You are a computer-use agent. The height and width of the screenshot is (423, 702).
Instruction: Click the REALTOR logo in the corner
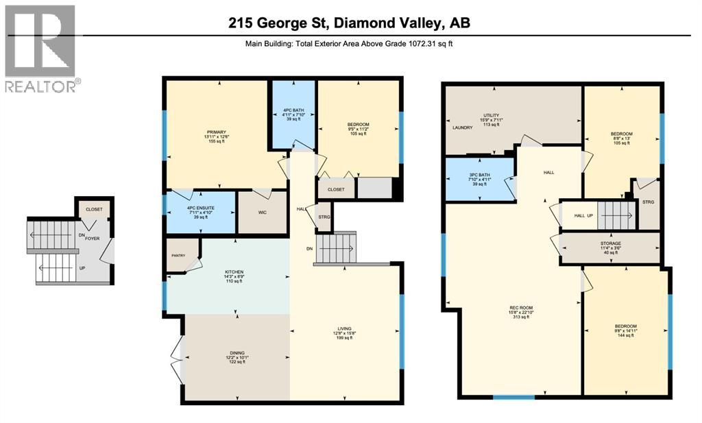click(40, 48)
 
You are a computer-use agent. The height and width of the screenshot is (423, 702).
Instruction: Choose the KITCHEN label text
click(234, 272)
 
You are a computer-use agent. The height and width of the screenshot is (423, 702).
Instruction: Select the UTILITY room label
click(491, 115)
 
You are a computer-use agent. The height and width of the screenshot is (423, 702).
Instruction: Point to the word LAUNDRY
click(462, 128)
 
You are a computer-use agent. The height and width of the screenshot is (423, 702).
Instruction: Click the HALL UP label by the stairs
click(583, 215)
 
